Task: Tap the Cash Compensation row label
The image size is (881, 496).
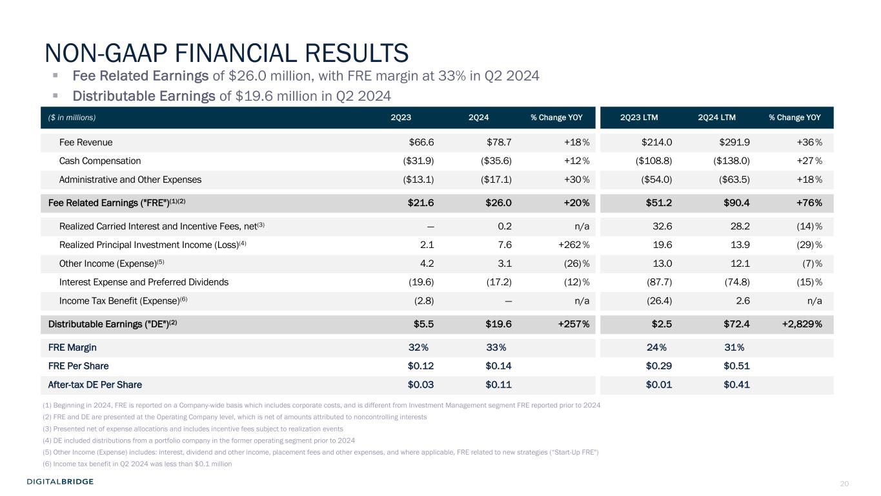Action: tap(99, 161)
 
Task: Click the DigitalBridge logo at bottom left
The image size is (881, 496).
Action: tap(60, 481)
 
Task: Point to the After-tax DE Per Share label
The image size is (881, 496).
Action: tap(95, 385)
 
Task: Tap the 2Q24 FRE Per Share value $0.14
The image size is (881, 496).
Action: tap(498, 366)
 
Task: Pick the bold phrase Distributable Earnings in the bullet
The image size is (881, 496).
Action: tap(144, 96)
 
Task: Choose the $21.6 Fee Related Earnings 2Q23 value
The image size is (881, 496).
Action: tap(421, 203)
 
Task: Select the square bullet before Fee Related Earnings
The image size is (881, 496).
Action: tap(56, 76)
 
